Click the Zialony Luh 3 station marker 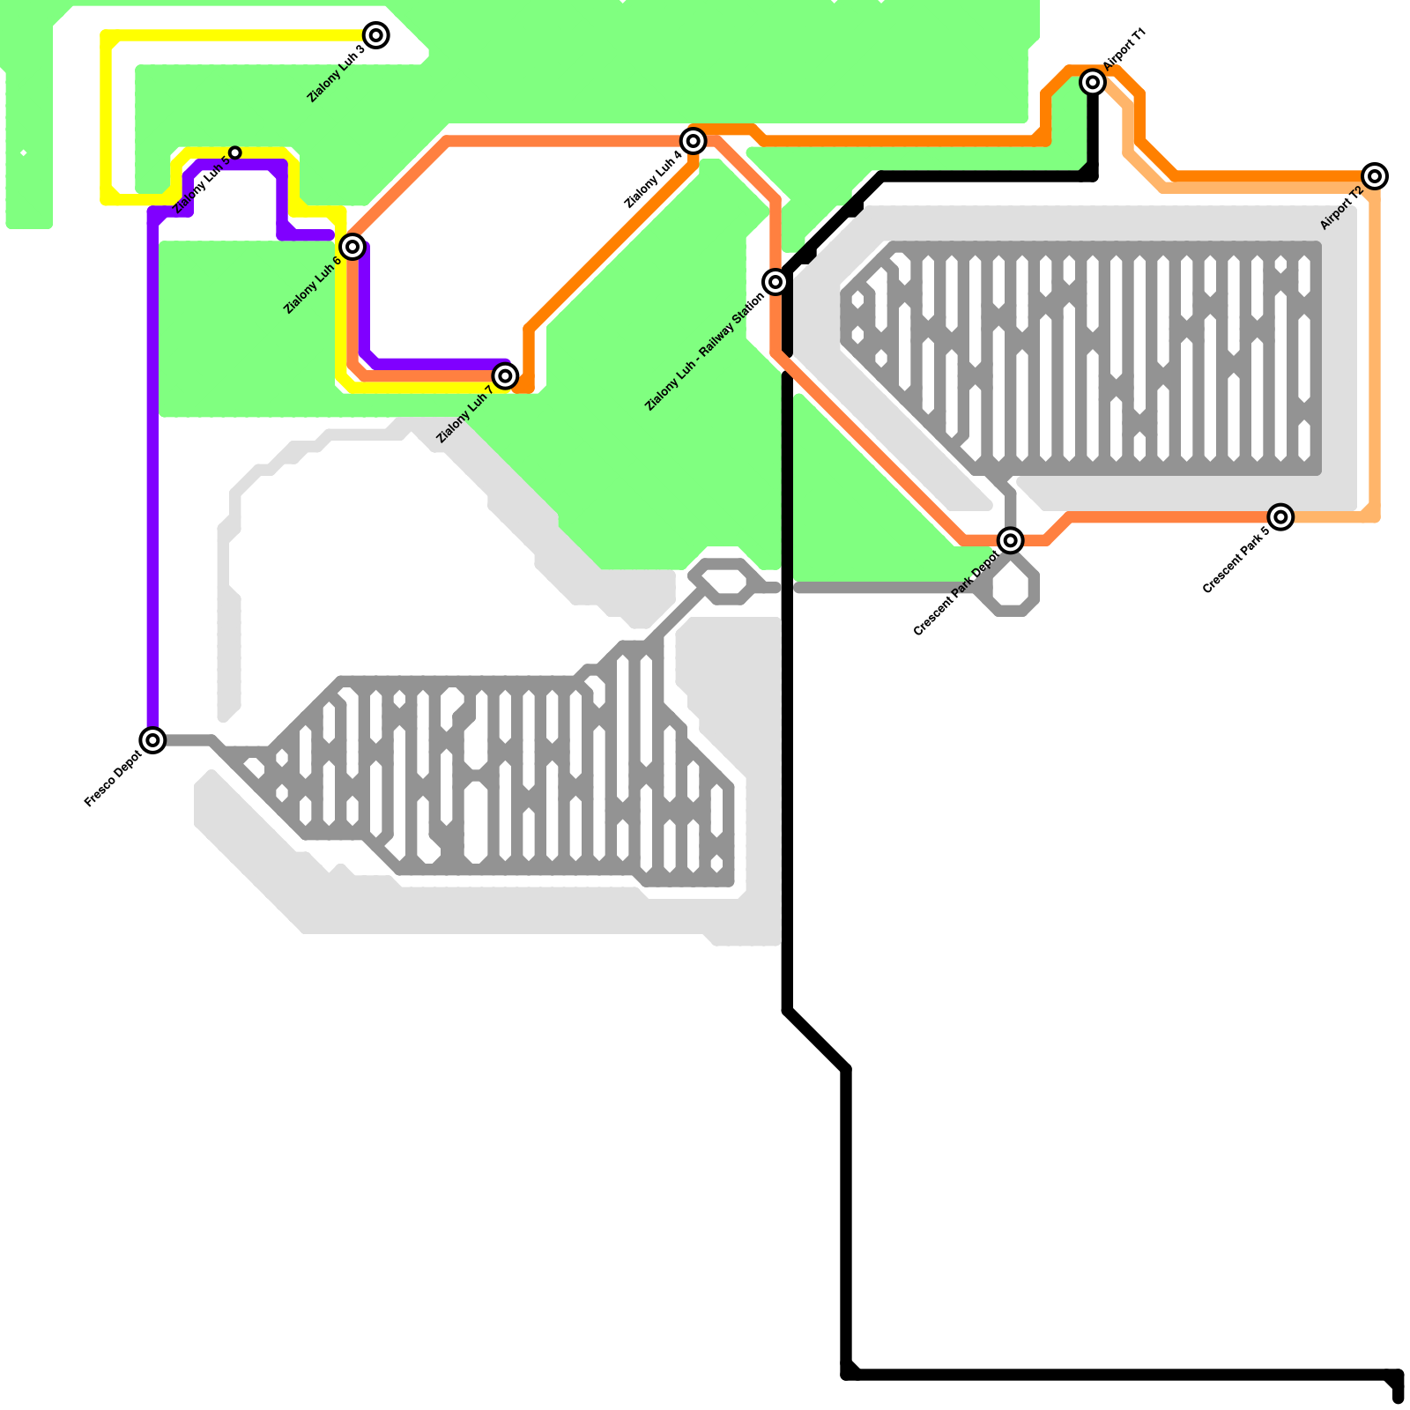point(376,35)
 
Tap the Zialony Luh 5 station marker point(235,153)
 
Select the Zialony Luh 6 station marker point(352,247)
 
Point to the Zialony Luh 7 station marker point(505,376)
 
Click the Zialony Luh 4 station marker point(694,140)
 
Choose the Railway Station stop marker point(775,282)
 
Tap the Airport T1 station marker point(1093,82)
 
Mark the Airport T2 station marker point(1375,176)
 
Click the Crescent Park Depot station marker point(1011,540)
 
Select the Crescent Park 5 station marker point(1281,517)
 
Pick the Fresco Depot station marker point(153,740)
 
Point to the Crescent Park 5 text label point(1236,560)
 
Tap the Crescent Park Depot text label point(956,593)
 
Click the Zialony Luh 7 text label point(464,415)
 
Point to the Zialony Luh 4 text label point(652,181)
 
